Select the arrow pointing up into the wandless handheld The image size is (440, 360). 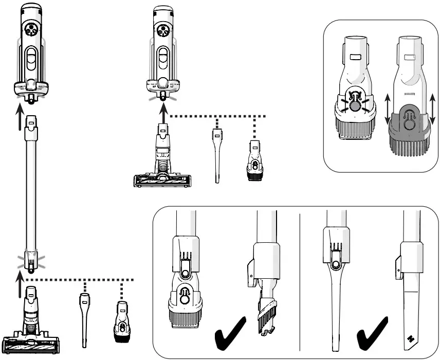[163, 111]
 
